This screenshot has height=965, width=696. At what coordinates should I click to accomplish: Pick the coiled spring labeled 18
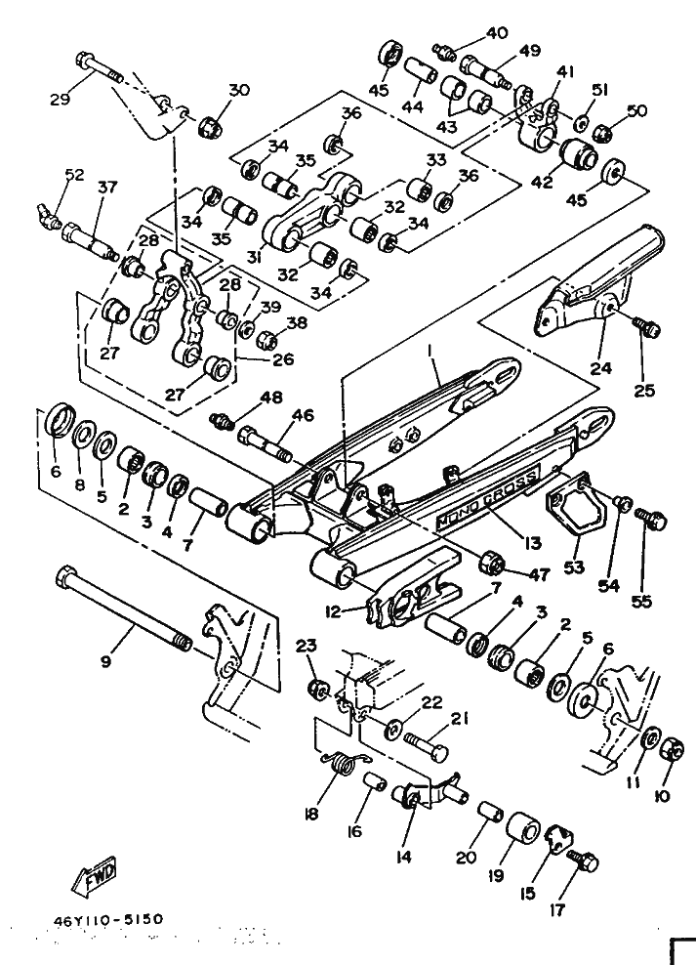[x=343, y=762]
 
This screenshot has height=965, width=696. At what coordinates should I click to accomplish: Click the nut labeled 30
[x=210, y=127]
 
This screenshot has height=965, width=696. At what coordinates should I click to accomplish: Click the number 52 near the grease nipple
[x=75, y=174]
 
